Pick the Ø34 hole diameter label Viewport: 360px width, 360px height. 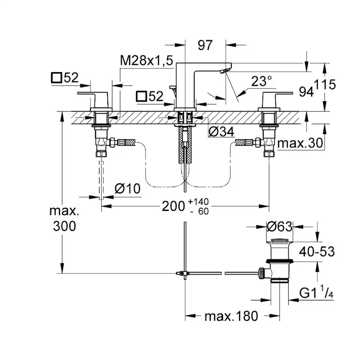222,131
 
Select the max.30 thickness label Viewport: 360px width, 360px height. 300,143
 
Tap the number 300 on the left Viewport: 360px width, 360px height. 64,226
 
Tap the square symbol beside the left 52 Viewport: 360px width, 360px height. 57,78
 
